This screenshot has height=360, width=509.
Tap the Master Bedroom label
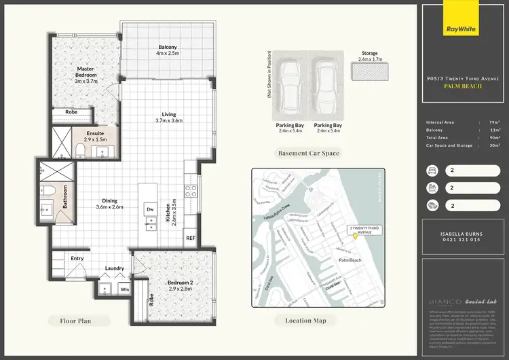86,72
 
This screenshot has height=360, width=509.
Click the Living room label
169,117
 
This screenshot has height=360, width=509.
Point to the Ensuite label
95,135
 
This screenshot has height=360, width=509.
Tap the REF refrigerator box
191,238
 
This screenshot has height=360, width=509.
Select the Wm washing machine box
125,289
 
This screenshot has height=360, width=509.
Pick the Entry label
77,258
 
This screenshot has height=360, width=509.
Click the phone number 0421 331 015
460,240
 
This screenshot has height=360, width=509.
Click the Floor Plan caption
75,320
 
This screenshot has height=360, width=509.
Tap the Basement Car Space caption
308,153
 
